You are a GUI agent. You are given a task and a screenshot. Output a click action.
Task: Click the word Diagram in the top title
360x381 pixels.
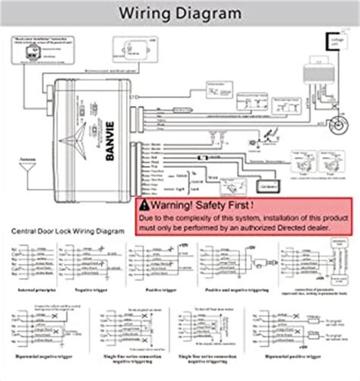click(x=209, y=13)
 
